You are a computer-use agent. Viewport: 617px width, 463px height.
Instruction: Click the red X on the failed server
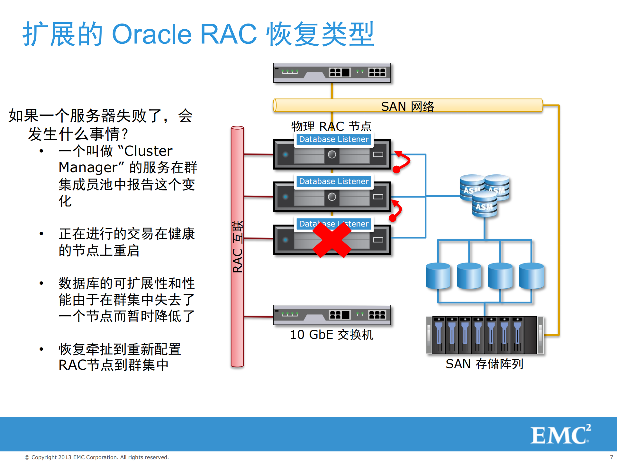click(x=332, y=240)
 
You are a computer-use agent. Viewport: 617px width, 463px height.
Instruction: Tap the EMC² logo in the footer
click(x=560, y=435)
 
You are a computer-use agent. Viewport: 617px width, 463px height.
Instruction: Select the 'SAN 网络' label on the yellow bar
click(x=407, y=106)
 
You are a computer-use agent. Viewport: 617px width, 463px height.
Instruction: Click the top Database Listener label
click(x=333, y=139)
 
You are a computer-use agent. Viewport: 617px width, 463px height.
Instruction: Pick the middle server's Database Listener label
click(x=333, y=181)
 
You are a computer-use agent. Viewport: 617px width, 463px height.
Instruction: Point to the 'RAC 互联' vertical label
click(x=238, y=246)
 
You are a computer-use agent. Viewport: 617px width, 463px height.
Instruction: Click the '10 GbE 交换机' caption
click(x=331, y=335)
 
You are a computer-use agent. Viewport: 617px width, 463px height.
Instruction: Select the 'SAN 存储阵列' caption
click(x=484, y=364)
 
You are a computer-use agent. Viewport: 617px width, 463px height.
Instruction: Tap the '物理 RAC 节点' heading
click(x=331, y=126)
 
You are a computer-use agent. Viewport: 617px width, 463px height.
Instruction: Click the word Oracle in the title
click(x=151, y=34)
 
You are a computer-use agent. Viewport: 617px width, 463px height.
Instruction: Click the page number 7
click(x=611, y=457)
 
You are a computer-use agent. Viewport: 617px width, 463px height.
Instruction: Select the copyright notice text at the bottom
click(x=96, y=457)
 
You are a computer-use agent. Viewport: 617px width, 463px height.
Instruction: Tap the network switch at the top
click(x=332, y=73)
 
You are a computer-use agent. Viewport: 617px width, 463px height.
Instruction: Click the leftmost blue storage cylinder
click(x=438, y=276)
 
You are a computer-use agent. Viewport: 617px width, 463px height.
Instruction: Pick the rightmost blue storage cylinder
click(x=531, y=276)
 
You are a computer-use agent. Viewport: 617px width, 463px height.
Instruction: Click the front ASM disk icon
click(x=484, y=205)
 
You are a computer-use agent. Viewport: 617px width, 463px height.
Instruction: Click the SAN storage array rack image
click(x=484, y=335)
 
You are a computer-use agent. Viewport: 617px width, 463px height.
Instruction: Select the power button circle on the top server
click(x=332, y=154)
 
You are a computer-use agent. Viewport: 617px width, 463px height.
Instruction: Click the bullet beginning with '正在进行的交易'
click(x=126, y=242)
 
